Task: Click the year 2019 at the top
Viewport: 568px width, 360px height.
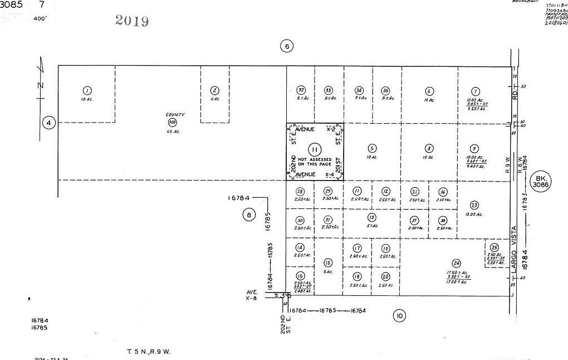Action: pos(132,21)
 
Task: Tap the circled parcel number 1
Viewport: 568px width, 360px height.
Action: pos(86,90)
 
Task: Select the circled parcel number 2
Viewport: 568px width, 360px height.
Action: pos(214,90)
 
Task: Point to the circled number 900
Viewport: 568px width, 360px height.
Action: pos(172,122)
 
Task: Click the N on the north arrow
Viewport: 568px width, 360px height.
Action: pos(40,85)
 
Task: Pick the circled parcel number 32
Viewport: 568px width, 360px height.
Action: pos(301,90)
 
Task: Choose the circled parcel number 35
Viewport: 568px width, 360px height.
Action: pos(385,91)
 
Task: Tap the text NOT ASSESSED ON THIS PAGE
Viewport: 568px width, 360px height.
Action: pos(315,162)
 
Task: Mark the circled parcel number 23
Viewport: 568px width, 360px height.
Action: pos(474,205)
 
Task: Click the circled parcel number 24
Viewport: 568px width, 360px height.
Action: pos(457,263)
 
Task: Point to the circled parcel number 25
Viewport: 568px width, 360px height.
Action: pos(494,248)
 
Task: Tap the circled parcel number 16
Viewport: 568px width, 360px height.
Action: pos(328,262)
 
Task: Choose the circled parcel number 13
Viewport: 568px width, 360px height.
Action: pos(371,217)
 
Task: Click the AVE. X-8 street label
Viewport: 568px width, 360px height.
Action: pos(253,295)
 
